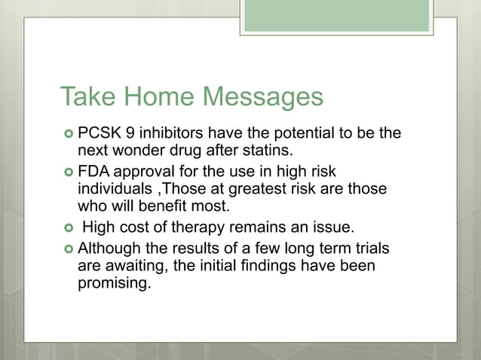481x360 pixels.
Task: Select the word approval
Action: [141, 172]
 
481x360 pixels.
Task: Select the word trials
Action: [372, 249]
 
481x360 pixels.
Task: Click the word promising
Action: [114, 285]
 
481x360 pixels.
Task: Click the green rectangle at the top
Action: [336, 15]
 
